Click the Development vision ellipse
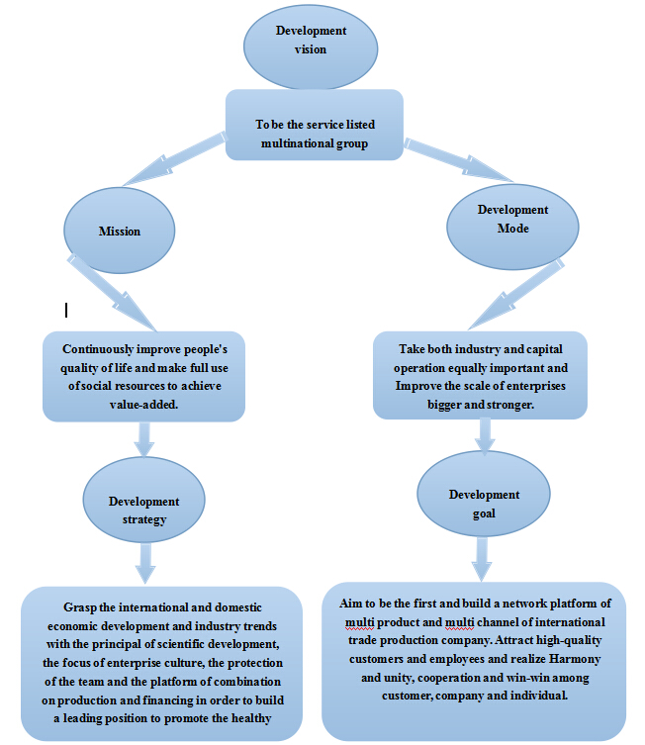click(311, 47)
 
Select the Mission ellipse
click(120, 231)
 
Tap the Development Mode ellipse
click(512, 227)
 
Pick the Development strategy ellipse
click(143, 500)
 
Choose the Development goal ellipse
click(484, 494)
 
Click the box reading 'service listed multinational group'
click(315, 125)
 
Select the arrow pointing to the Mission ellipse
click(173, 159)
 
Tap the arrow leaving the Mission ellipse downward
click(112, 292)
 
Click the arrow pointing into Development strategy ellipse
click(143, 439)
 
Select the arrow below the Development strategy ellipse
click(145, 563)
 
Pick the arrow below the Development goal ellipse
click(482, 559)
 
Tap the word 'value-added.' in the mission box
click(143, 405)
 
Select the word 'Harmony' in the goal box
click(575, 660)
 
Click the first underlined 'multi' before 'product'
click(359, 622)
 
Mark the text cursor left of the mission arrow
click(66, 311)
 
